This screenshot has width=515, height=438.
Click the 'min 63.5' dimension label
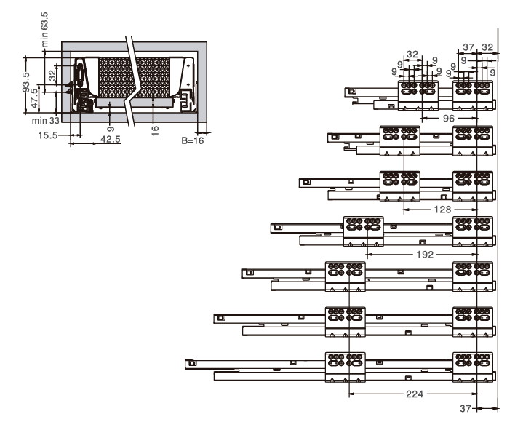[44, 30]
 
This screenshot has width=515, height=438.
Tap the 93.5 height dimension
[25, 82]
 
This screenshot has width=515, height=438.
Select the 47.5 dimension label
[34, 98]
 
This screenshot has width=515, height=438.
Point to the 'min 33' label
[46, 121]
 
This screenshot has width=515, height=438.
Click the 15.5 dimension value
[47, 135]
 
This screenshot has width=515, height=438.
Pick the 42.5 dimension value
[111, 139]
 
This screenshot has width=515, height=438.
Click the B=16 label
[193, 140]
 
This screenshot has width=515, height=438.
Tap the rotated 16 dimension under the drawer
[155, 130]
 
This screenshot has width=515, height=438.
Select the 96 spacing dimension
[449, 119]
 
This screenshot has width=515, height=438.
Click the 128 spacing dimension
[442, 210]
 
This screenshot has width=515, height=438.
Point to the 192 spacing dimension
[425, 255]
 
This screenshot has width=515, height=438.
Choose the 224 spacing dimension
[415, 394]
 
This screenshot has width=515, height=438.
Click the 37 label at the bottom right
[466, 408]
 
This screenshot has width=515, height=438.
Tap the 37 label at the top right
[468, 47]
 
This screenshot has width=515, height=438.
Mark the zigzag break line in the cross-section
[132, 81]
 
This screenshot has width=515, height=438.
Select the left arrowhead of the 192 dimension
[370, 255]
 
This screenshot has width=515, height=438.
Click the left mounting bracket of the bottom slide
[346, 367]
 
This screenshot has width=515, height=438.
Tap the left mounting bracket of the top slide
[418, 95]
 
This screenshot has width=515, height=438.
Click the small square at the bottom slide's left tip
[192, 363]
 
